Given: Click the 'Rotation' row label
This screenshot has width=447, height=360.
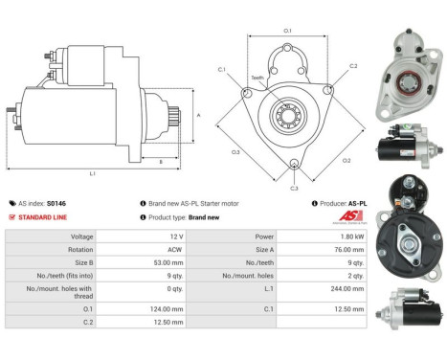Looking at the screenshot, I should coord(80,249).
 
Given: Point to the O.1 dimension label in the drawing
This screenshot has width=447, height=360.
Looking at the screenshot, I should coord(288,32).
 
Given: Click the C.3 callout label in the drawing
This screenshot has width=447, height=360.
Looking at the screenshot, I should coord(294,188).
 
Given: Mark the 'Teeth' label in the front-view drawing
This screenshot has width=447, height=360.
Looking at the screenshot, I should coord(257,78).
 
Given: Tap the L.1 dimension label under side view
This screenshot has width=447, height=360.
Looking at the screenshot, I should coord(92,173).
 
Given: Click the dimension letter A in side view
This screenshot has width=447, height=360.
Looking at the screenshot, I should coord(197,113).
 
